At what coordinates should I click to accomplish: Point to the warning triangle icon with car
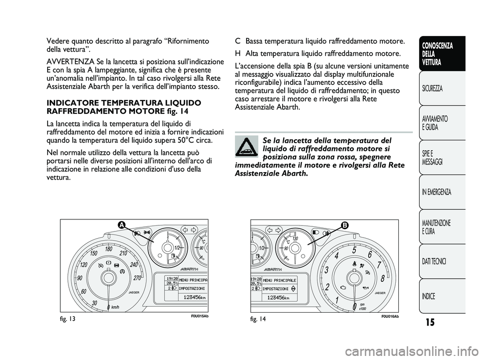(247, 147)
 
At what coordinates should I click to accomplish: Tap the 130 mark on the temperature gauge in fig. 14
(295, 239)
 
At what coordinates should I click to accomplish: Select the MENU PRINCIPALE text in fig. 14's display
(280, 280)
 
